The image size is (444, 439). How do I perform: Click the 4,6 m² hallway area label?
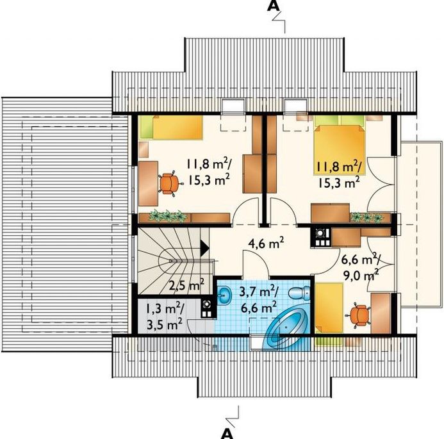(266, 243)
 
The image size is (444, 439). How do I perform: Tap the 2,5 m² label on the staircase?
(186, 285)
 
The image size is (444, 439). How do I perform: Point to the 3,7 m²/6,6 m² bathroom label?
(259, 299)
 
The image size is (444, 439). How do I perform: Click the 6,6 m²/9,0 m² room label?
(361, 267)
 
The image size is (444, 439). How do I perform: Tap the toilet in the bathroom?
(299, 293)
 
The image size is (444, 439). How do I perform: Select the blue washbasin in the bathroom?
(225, 295)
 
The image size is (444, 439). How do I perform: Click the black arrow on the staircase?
(204, 248)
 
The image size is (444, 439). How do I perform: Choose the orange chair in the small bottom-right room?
(359, 315)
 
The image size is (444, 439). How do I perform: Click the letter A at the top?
(273, 6)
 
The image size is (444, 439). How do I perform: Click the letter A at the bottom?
(227, 433)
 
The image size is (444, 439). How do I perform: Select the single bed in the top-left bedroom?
(172, 127)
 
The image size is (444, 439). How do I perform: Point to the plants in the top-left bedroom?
(168, 216)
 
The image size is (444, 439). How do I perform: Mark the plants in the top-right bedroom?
(367, 217)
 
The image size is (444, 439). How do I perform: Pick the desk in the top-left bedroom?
(148, 183)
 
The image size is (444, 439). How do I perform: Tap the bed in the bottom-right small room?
(329, 308)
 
